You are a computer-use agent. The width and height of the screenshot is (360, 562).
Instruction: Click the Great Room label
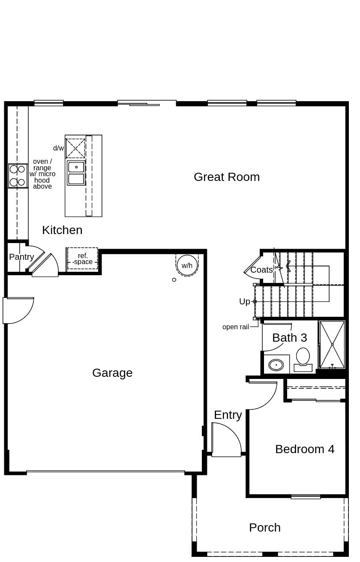point(227,177)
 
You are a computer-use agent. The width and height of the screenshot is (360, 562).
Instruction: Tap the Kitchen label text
point(62,230)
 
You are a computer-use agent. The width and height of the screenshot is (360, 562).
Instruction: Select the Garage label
point(112,373)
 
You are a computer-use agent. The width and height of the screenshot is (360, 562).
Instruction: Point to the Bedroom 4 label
point(305,449)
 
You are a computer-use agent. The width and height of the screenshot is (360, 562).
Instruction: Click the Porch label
point(265,528)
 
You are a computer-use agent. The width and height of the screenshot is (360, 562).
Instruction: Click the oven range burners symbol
point(18,176)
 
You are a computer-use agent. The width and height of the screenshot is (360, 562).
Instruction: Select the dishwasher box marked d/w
point(75,148)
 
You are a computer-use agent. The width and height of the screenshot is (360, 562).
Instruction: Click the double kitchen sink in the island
point(76,173)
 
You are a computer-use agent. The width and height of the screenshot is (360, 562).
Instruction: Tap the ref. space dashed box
point(82,259)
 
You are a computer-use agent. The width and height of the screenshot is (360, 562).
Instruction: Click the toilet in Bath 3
point(303,358)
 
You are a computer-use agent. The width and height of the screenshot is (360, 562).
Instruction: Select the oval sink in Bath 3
point(276,365)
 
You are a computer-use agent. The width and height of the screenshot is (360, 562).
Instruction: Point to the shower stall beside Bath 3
point(332,345)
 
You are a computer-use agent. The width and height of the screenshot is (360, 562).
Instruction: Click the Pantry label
point(21,257)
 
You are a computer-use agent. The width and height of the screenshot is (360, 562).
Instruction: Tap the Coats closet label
point(261,270)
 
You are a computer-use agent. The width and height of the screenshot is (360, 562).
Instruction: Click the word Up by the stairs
point(244,302)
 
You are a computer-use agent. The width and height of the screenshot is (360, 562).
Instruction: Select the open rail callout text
point(235,327)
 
